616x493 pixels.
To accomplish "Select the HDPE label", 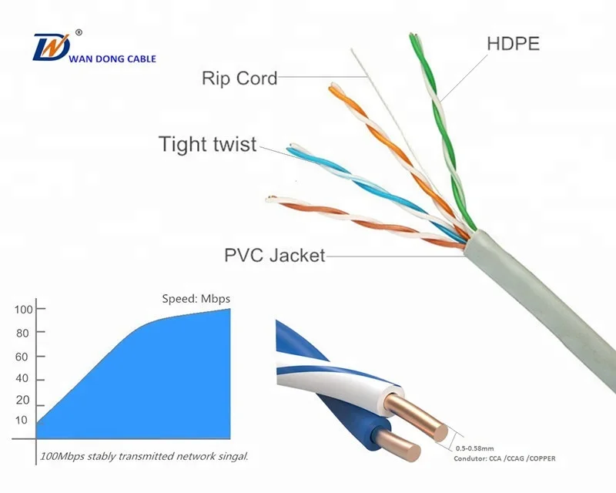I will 514,43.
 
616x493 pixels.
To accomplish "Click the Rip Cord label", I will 239,77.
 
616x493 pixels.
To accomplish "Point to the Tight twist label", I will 207,144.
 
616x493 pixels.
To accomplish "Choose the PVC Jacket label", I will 274,253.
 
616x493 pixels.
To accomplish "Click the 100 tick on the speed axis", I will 22,310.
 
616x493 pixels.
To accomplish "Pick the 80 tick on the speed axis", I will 22,333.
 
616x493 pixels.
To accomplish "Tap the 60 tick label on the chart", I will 22,357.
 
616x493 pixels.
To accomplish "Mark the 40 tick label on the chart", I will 22,379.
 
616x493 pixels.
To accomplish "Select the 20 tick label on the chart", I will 22,401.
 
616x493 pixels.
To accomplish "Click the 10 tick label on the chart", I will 22,421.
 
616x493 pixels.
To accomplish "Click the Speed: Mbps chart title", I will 196,298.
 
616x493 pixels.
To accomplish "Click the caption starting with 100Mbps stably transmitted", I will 144,457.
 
